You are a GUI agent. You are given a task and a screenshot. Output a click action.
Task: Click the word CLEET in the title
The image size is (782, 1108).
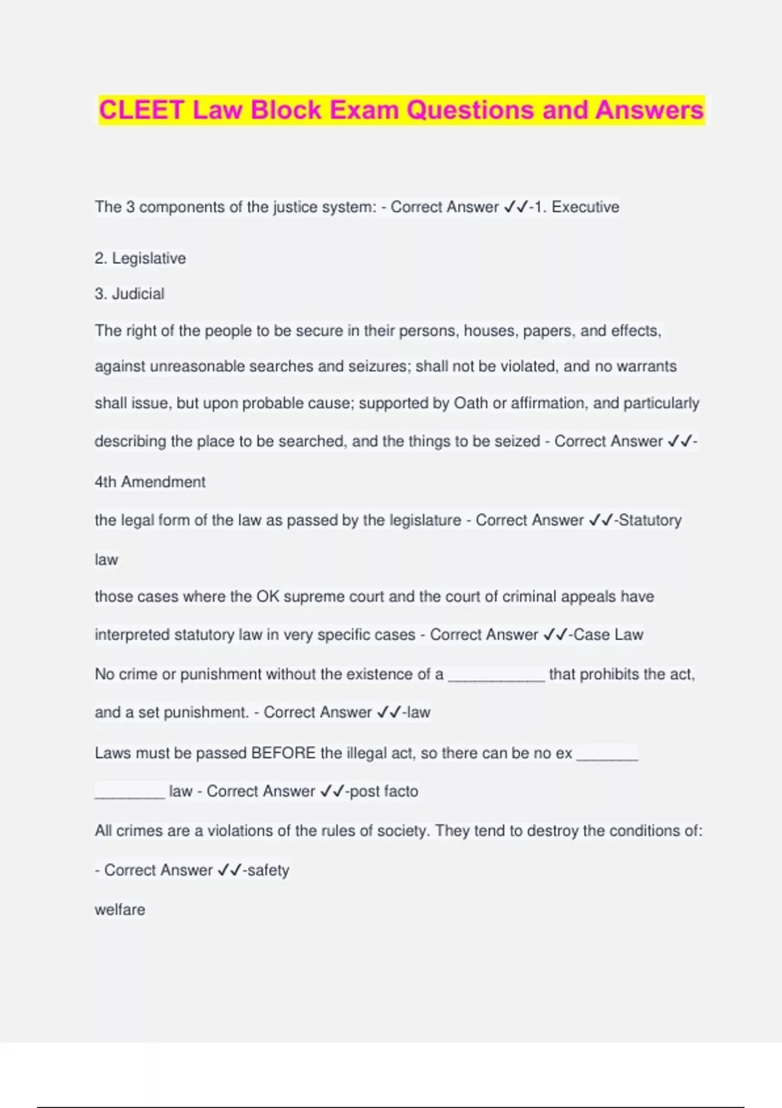click(x=141, y=109)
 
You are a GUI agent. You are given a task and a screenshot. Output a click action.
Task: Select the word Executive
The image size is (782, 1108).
click(x=585, y=207)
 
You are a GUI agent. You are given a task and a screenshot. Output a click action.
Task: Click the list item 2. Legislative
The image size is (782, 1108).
click(x=140, y=259)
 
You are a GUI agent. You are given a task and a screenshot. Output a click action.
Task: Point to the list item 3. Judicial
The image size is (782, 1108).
click(x=129, y=294)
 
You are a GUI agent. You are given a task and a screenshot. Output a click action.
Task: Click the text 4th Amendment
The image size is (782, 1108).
click(x=150, y=482)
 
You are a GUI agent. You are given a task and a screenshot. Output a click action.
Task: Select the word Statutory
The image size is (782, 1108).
click(x=650, y=520)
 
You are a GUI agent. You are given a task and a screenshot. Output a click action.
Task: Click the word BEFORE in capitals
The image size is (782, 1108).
click(x=283, y=753)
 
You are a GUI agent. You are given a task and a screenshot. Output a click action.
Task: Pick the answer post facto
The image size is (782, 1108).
click(x=384, y=791)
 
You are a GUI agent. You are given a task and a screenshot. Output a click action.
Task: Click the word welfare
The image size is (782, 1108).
click(x=120, y=910)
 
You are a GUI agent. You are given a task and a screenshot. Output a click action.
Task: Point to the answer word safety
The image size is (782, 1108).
click(x=268, y=870)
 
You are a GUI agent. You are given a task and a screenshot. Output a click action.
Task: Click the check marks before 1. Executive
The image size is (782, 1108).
click(x=516, y=207)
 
